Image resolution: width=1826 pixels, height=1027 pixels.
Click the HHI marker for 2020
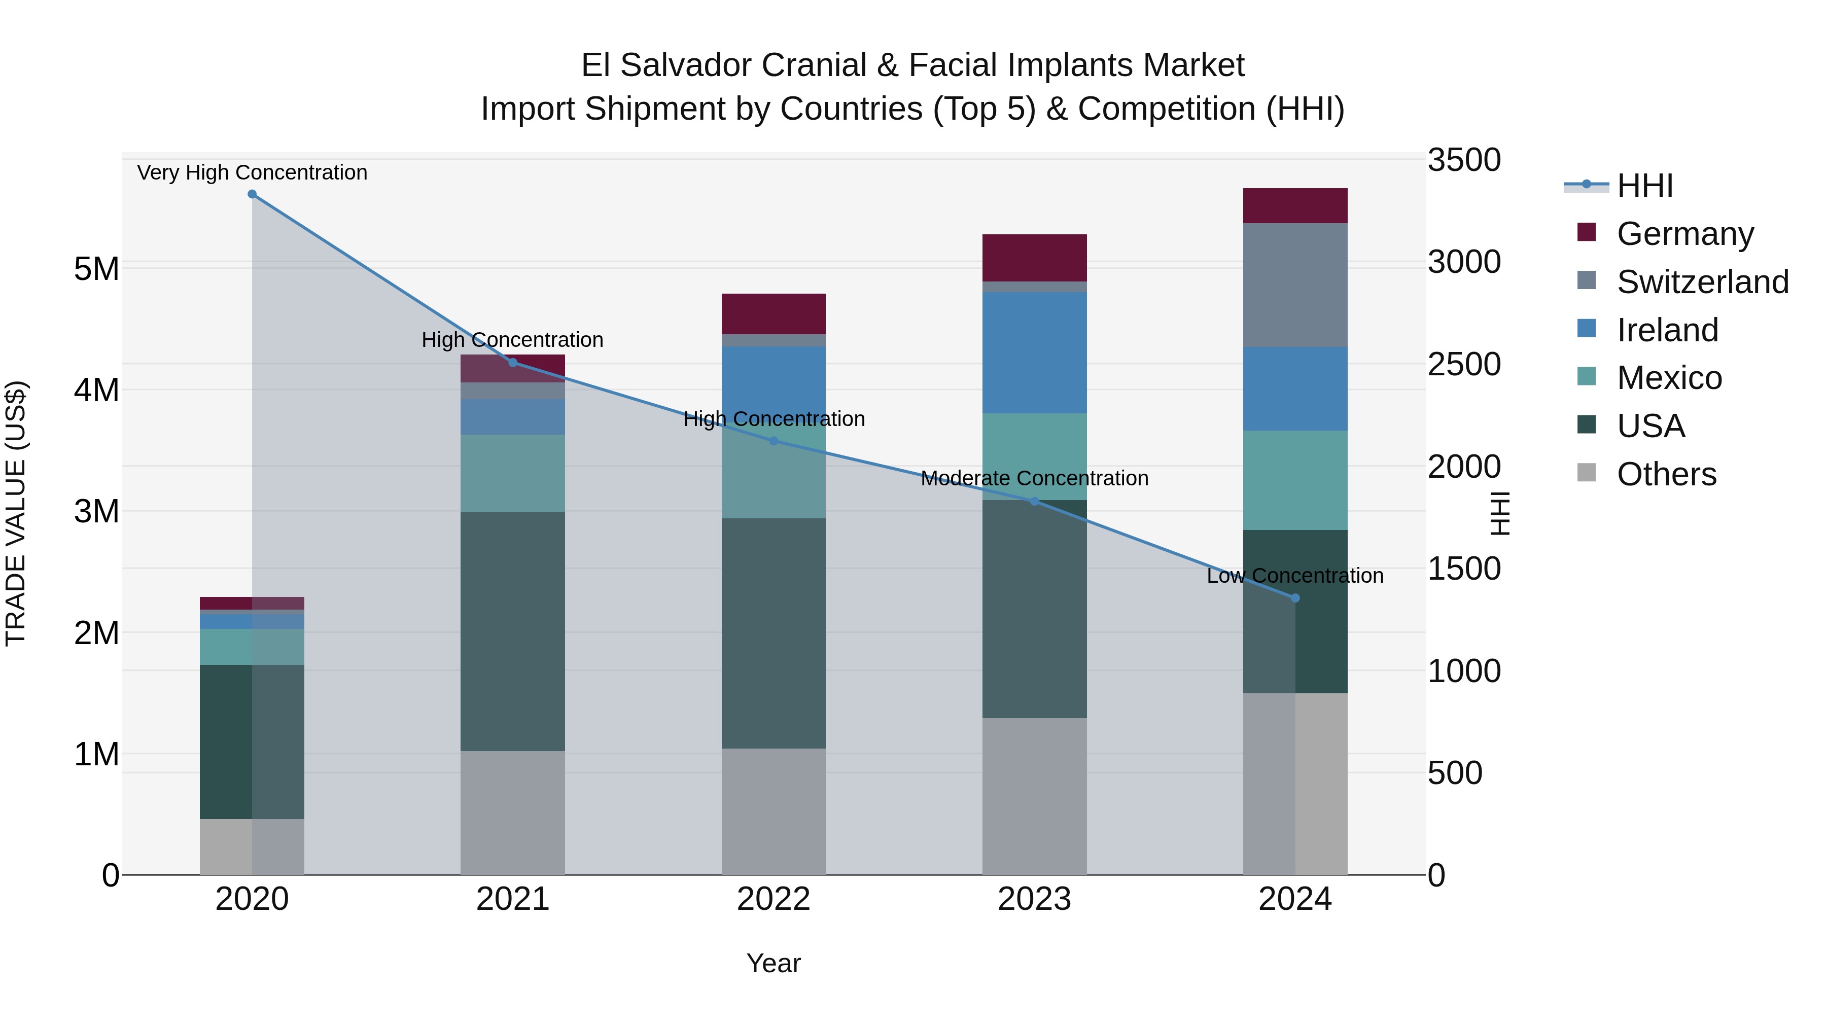[253, 194]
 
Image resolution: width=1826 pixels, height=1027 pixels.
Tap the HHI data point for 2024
[1295, 598]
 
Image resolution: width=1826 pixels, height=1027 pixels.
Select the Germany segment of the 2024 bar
[1295, 205]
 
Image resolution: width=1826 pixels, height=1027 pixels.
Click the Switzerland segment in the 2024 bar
[1295, 285]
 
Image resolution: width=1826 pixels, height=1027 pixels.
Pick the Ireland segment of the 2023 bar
[1034, 352]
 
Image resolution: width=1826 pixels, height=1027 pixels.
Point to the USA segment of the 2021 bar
[512, 631]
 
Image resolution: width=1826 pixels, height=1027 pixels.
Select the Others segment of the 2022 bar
[774, 811]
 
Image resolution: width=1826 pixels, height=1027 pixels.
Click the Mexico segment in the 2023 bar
[1034, 456]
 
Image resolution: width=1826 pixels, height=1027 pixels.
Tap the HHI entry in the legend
[1644, 186]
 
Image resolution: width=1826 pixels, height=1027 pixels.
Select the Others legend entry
[1666, 474]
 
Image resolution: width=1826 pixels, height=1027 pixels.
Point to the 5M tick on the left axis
[96, 269]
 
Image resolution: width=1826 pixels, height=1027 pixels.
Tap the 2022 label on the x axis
[774, 899]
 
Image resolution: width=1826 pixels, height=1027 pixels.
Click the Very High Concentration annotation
[253, 172]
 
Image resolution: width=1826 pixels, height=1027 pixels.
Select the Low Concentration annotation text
[1295, 576]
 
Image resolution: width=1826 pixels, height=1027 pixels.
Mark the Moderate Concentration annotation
[1034, 478]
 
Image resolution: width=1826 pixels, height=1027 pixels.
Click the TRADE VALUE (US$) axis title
[16, 513]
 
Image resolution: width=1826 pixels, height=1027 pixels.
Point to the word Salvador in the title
[744, 65]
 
